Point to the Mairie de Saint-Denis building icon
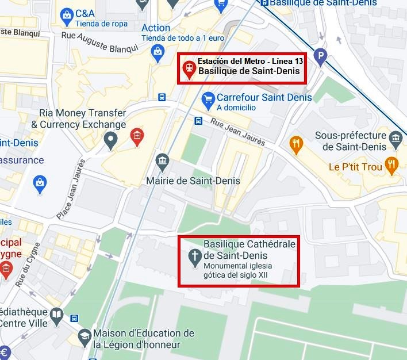[x=162, y=159]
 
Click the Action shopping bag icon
[x=157, y=52]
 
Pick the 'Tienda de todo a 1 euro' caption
[x=182, y=38]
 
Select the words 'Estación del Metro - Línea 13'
[x=250, y=61]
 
